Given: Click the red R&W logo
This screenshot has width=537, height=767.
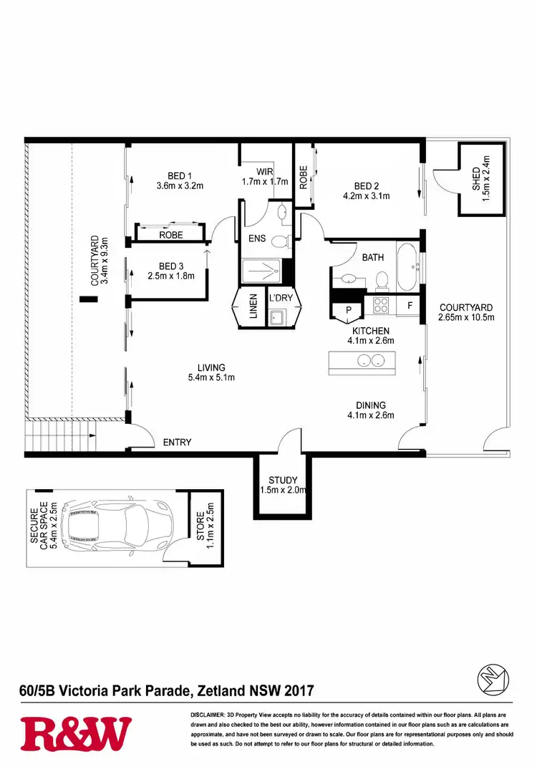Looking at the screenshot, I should (77, 735).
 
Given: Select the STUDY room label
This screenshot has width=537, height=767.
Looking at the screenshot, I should (282, 480).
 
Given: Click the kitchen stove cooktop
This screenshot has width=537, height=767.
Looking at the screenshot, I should (380, 305).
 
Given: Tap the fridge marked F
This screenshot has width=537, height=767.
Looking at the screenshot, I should (410, 306).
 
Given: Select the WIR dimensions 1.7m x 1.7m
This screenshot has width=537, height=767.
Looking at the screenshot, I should (264, 182).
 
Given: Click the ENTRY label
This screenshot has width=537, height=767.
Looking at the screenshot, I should (177, 442).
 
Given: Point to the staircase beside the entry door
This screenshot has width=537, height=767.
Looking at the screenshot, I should (60, 436).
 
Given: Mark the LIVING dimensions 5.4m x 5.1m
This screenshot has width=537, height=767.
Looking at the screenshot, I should (212, 377).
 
